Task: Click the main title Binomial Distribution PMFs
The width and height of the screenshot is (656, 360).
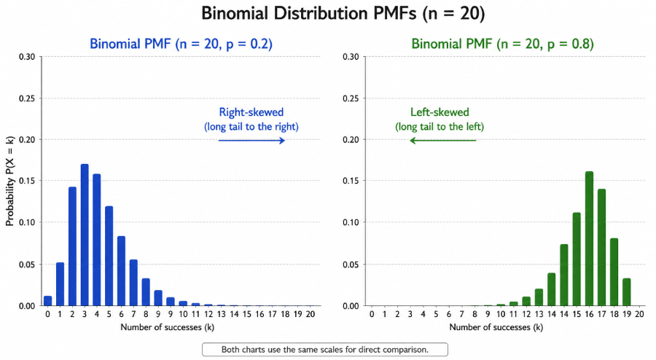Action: pos(327,15)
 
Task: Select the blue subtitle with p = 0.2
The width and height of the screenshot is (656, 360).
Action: pos(181,44)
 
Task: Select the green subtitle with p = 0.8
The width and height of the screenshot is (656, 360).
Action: pos(502,44)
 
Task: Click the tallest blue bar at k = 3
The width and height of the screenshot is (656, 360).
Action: pos(85,235)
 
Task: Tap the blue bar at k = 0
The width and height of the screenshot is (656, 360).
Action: pos(47,300)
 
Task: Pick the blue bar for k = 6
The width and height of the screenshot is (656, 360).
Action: pos(121,270)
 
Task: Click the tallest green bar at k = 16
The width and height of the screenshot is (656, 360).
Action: pos(589,238)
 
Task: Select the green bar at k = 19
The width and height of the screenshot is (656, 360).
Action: pos(627,291)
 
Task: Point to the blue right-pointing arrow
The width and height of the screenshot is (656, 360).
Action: pos(251,141)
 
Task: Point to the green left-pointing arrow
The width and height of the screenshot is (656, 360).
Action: pos(442,141)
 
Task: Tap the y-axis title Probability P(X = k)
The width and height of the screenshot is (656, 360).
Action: pos(10,181)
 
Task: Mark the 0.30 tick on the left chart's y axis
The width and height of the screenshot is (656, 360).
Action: pos(26,57)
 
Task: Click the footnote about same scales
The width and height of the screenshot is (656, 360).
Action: pos(324,349)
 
